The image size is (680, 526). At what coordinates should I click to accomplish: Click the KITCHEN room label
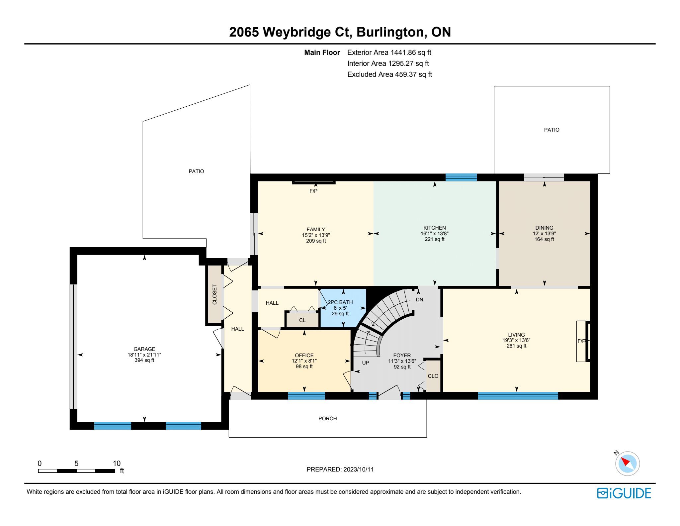(434, 228)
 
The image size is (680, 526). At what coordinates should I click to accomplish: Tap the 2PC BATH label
(340, 302)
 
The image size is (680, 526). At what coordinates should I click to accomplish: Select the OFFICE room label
(304, 356)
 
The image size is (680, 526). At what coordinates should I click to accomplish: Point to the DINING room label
(544, 228)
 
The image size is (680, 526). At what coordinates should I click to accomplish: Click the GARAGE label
(144, 349)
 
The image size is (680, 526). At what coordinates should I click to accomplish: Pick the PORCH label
(327, 419)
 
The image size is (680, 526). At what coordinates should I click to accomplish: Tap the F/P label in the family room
(313, 191)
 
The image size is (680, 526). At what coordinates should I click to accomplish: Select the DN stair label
(419, 300)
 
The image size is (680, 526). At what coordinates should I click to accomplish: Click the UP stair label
(366, 363)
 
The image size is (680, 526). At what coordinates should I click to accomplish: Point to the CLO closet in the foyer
(433, 376)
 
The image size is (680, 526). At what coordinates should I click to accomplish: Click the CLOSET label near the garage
(214, 294)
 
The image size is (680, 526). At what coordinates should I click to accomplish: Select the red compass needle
(625, 462)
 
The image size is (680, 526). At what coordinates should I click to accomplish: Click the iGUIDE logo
(624, 493)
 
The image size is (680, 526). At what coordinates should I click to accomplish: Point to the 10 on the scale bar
(117, 464)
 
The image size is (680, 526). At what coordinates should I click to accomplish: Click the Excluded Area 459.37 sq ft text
(389, 74)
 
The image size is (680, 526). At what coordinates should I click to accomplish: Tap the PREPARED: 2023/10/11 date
(340, 470)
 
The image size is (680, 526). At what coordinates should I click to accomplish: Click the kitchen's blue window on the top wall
(461, 177)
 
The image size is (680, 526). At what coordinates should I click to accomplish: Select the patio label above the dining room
(552, 130)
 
